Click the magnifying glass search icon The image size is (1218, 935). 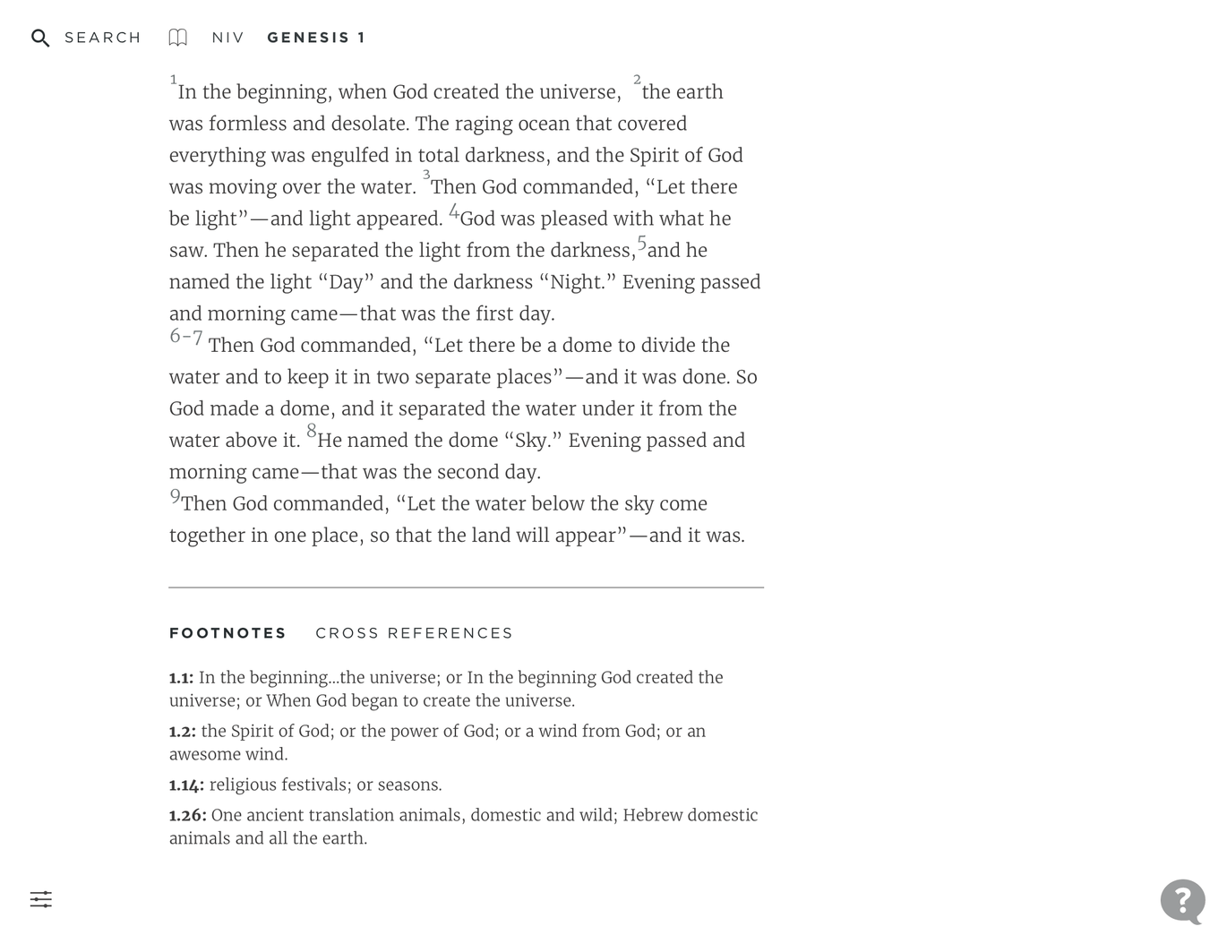pos(40,38)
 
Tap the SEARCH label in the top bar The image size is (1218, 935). pos(103,38)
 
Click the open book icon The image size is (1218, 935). pos(178,38)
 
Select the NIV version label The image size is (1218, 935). pos(227,38)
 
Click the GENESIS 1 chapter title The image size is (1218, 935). pos(316,38)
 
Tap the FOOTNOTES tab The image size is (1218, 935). pos(227,633)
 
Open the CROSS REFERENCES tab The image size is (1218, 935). pos(414,633)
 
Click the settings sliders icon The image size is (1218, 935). pos(41,899)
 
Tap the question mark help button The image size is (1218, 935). pos(1182,900)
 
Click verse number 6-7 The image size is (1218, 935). pos(186,338)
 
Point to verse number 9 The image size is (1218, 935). pos(175,496)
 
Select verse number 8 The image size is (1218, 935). pos(312,432)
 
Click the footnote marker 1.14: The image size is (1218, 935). pos(186,785)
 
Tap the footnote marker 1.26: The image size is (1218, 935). pos(187,816)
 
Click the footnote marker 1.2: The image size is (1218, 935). pos(182,732)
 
